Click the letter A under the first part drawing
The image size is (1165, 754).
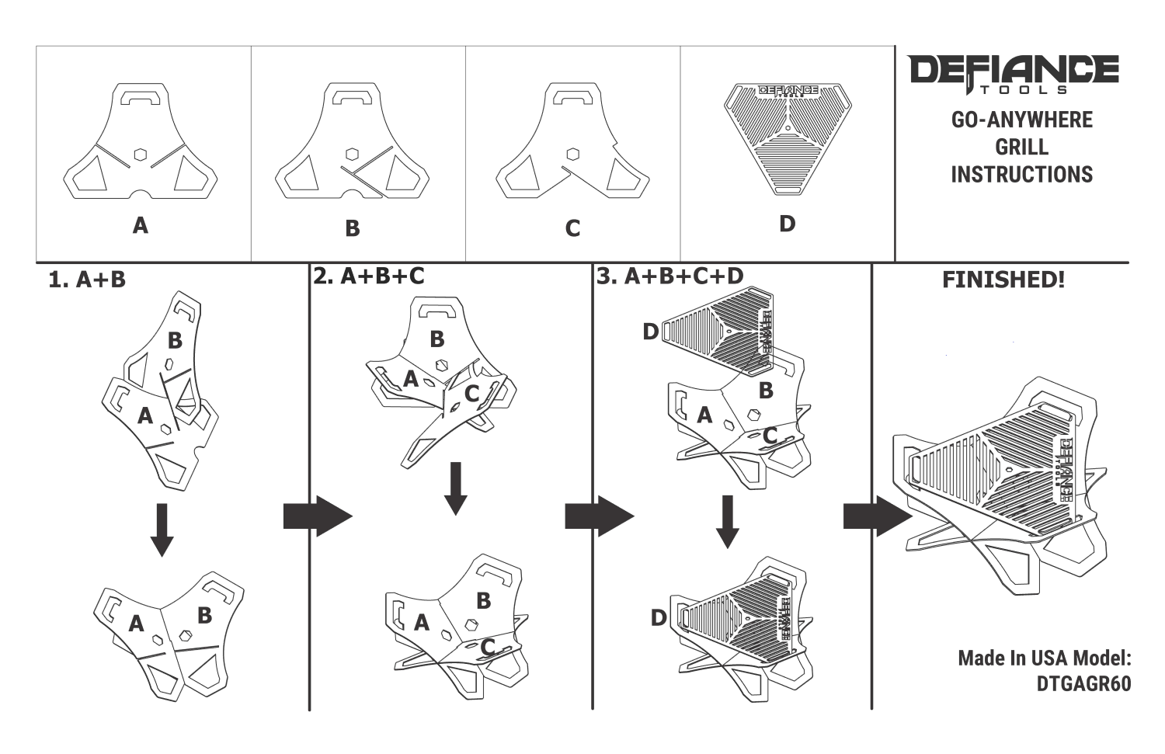tap(141, 225)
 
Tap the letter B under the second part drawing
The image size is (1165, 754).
tap(353, 228)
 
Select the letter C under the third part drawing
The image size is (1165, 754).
tap(572, 228)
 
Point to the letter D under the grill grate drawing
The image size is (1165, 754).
tap(788, 224)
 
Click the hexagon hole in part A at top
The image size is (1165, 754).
tap(141, 155)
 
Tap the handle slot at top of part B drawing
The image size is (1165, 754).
tap(353, 97)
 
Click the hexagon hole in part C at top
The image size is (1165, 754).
tap(573, 155)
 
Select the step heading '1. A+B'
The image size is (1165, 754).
tap(87, 280)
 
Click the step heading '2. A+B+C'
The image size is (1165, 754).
tap(369, 276)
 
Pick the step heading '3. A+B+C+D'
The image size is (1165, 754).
tap(669, 276)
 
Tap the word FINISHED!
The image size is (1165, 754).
tap(1003, 280)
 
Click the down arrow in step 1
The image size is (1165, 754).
tap(162, 530)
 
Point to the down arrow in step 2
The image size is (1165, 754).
tap(456, 488)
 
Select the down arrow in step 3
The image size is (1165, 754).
tap(728, 522)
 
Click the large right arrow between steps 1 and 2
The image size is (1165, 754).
tap(318, 516)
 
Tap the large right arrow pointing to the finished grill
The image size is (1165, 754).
tap(878, 516)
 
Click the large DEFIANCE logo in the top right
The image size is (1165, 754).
tap(1013, 75)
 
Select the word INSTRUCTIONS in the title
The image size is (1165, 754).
tap(1022, 174)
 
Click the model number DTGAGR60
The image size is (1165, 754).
tap(1084, 683)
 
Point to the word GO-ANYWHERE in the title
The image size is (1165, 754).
tap(1022, 120)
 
